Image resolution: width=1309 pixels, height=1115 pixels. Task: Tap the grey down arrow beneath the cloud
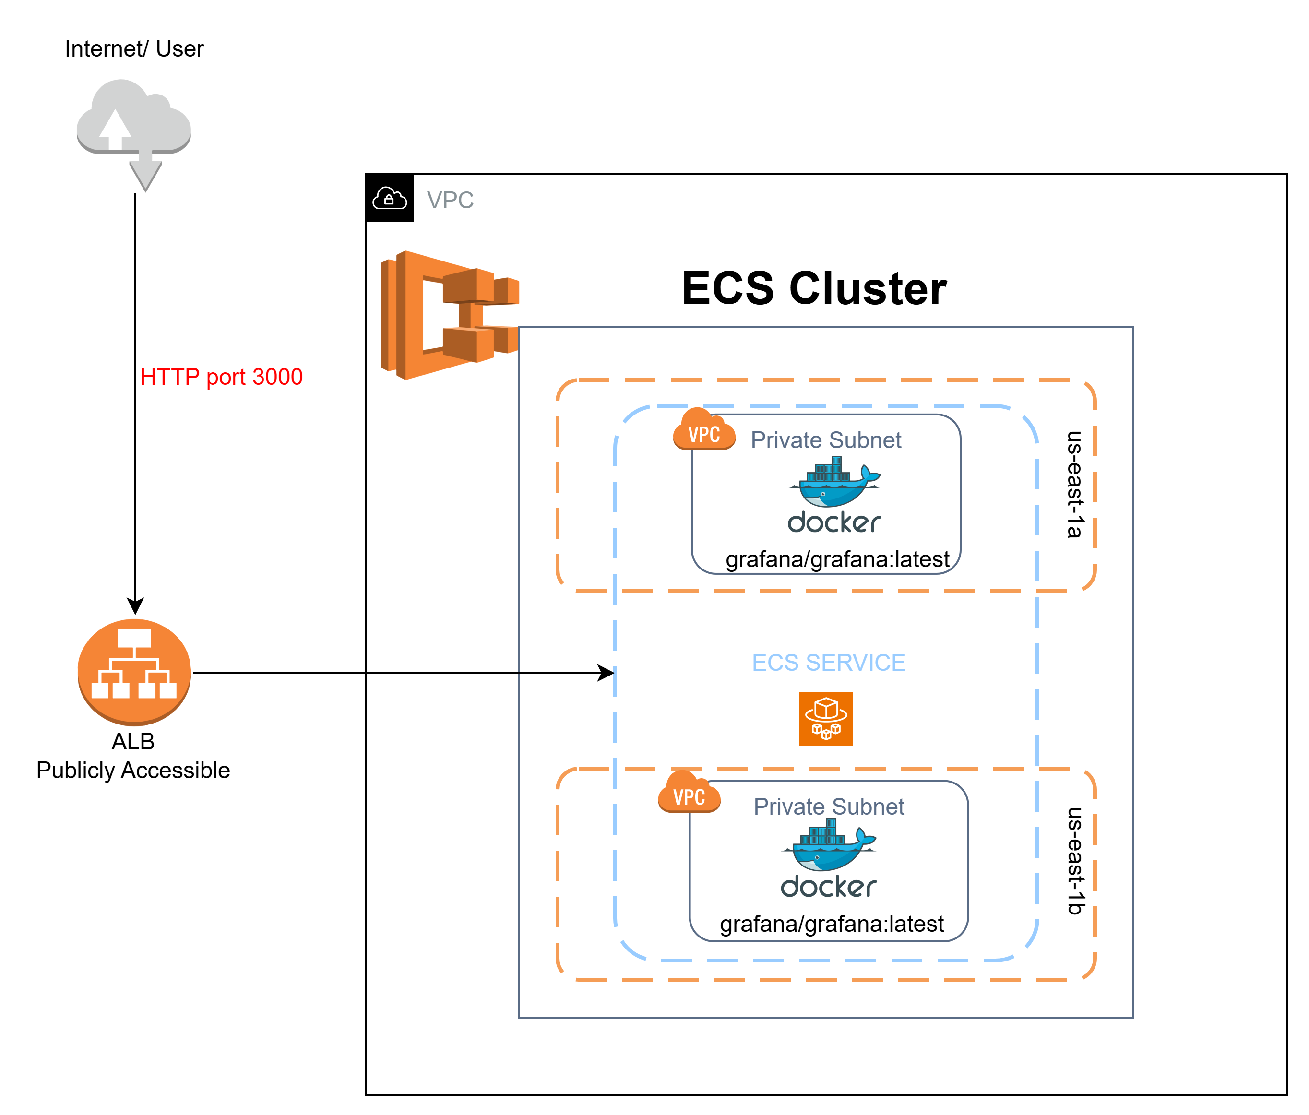(x=145, y=174)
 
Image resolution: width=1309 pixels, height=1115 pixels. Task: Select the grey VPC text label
(x=450, y=200)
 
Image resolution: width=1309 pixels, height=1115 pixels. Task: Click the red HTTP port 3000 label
(x=221, y=377)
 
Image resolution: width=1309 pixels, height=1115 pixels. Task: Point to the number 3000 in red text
(x=277, y=377)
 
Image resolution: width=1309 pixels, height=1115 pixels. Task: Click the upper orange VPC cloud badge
(x=704, y=431)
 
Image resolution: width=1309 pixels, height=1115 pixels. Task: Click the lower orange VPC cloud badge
(x=689, y=794)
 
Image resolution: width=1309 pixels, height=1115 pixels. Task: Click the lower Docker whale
(x=828, y=846)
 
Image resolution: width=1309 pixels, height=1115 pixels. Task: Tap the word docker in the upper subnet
(x=834, y=522)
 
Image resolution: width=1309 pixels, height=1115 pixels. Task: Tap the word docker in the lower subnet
(x=828, y=886)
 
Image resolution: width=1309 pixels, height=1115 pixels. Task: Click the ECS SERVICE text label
(x=828, y=663)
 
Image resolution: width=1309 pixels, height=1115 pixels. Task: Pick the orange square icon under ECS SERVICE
(x=826, y=718)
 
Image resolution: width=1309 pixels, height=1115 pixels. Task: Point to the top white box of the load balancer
(x=134, y=638)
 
